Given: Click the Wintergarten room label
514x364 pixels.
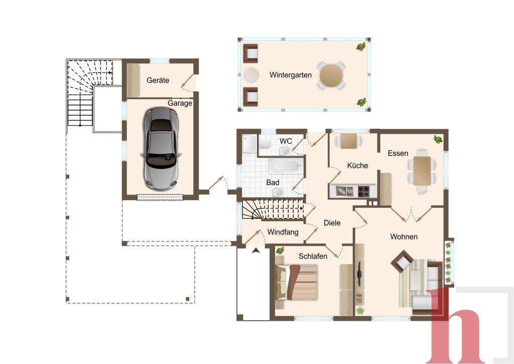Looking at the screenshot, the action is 291,75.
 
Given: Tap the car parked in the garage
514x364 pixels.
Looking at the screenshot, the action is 161,148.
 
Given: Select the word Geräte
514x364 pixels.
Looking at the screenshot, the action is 158,80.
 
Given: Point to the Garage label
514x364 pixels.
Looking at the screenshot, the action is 180,103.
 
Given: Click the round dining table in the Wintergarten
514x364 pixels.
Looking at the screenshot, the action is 331,75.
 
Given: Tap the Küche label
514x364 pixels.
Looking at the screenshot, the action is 357,165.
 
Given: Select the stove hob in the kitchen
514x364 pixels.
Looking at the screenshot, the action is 363,191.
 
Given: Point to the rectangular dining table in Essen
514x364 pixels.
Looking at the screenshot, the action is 422,170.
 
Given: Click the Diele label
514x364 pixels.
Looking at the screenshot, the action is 332,223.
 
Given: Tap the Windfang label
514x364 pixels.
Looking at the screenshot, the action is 283,232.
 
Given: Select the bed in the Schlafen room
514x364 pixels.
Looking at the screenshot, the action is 297,282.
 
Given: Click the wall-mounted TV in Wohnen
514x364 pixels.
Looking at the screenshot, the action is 359,273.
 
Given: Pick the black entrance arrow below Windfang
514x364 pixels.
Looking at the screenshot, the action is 256,251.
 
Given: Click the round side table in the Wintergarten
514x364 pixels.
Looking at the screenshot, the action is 251,75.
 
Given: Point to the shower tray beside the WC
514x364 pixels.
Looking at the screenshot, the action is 250,144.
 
